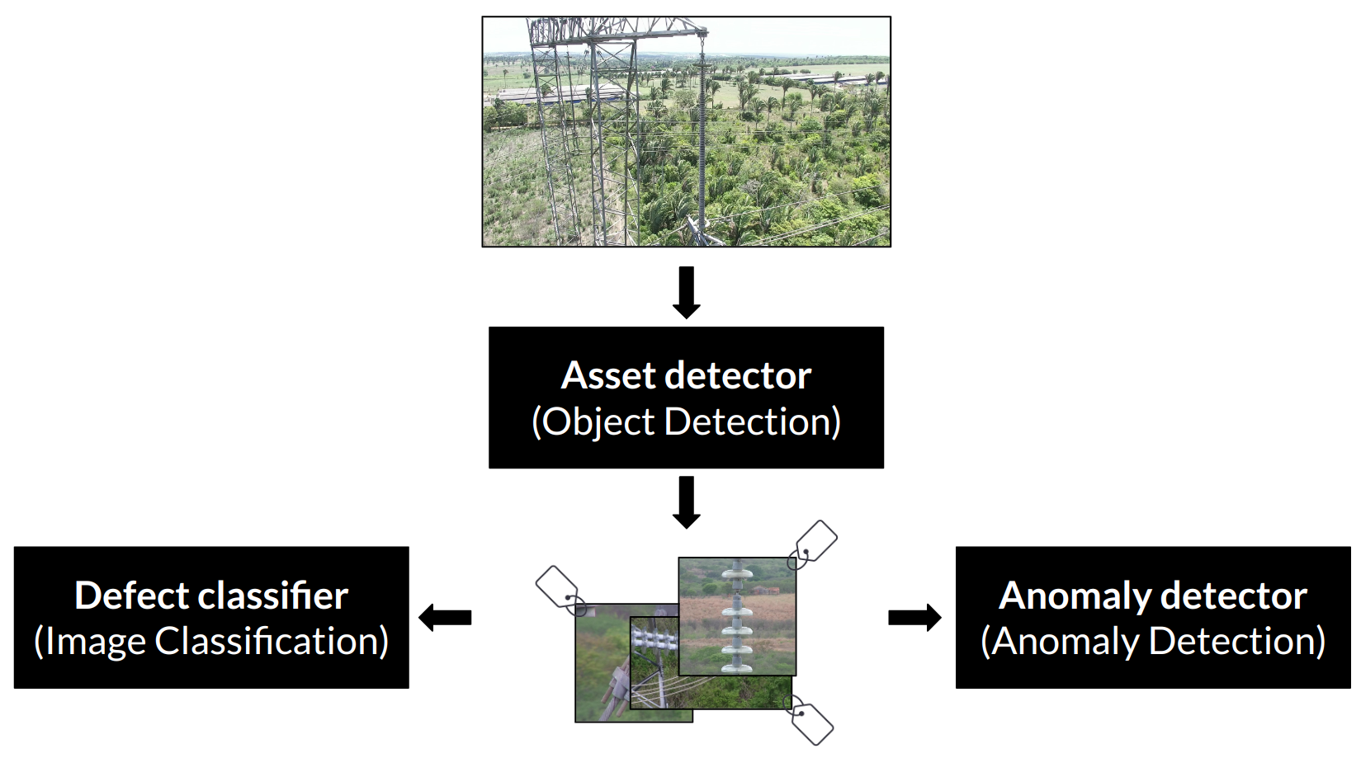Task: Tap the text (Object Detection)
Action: [x=686, y=421]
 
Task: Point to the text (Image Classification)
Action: [x=211, y=642]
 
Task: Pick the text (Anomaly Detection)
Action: [x=1153, y=642]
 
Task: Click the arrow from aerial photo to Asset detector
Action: [x=687, y=292]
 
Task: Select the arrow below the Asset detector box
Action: [x=687, y=502]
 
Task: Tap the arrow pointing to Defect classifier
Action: [x=445, y=618]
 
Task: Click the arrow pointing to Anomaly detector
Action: [x=915, y=618]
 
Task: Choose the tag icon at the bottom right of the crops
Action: [x=810, y=720]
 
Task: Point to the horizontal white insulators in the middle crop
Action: [x=654, y=640]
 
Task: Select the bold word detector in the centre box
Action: [x=738, y=375]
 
